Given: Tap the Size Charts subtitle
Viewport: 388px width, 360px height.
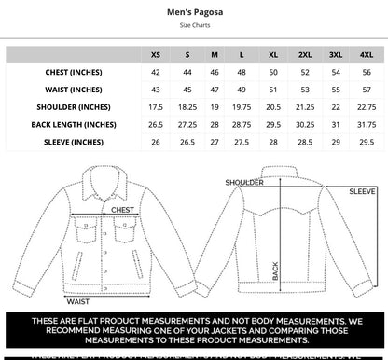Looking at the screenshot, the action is (193, 29).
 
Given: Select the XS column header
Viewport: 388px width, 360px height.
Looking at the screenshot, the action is (155, 54).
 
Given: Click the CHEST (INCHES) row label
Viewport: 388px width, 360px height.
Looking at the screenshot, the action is (74, 72).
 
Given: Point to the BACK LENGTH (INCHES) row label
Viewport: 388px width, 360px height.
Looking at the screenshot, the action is (74, 124).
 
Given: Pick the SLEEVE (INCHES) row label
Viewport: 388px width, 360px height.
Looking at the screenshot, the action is (74, 142).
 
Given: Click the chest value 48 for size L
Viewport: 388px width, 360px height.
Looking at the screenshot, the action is (242, 72).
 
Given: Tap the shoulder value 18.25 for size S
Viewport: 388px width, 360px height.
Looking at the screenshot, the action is (187, 107).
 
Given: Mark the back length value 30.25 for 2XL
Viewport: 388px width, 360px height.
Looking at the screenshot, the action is (305, 124).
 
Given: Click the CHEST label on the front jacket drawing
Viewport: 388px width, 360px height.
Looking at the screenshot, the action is (122, 211).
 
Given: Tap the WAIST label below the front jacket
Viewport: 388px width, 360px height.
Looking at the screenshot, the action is (78, 301).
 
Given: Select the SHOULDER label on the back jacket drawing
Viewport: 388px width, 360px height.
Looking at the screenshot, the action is (245, 183).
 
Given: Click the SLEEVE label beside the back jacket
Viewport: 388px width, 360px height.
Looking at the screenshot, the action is (363, 191).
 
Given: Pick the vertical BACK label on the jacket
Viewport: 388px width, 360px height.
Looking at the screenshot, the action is (275, 270).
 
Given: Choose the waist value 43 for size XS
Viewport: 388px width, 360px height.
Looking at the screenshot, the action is (155, 90).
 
